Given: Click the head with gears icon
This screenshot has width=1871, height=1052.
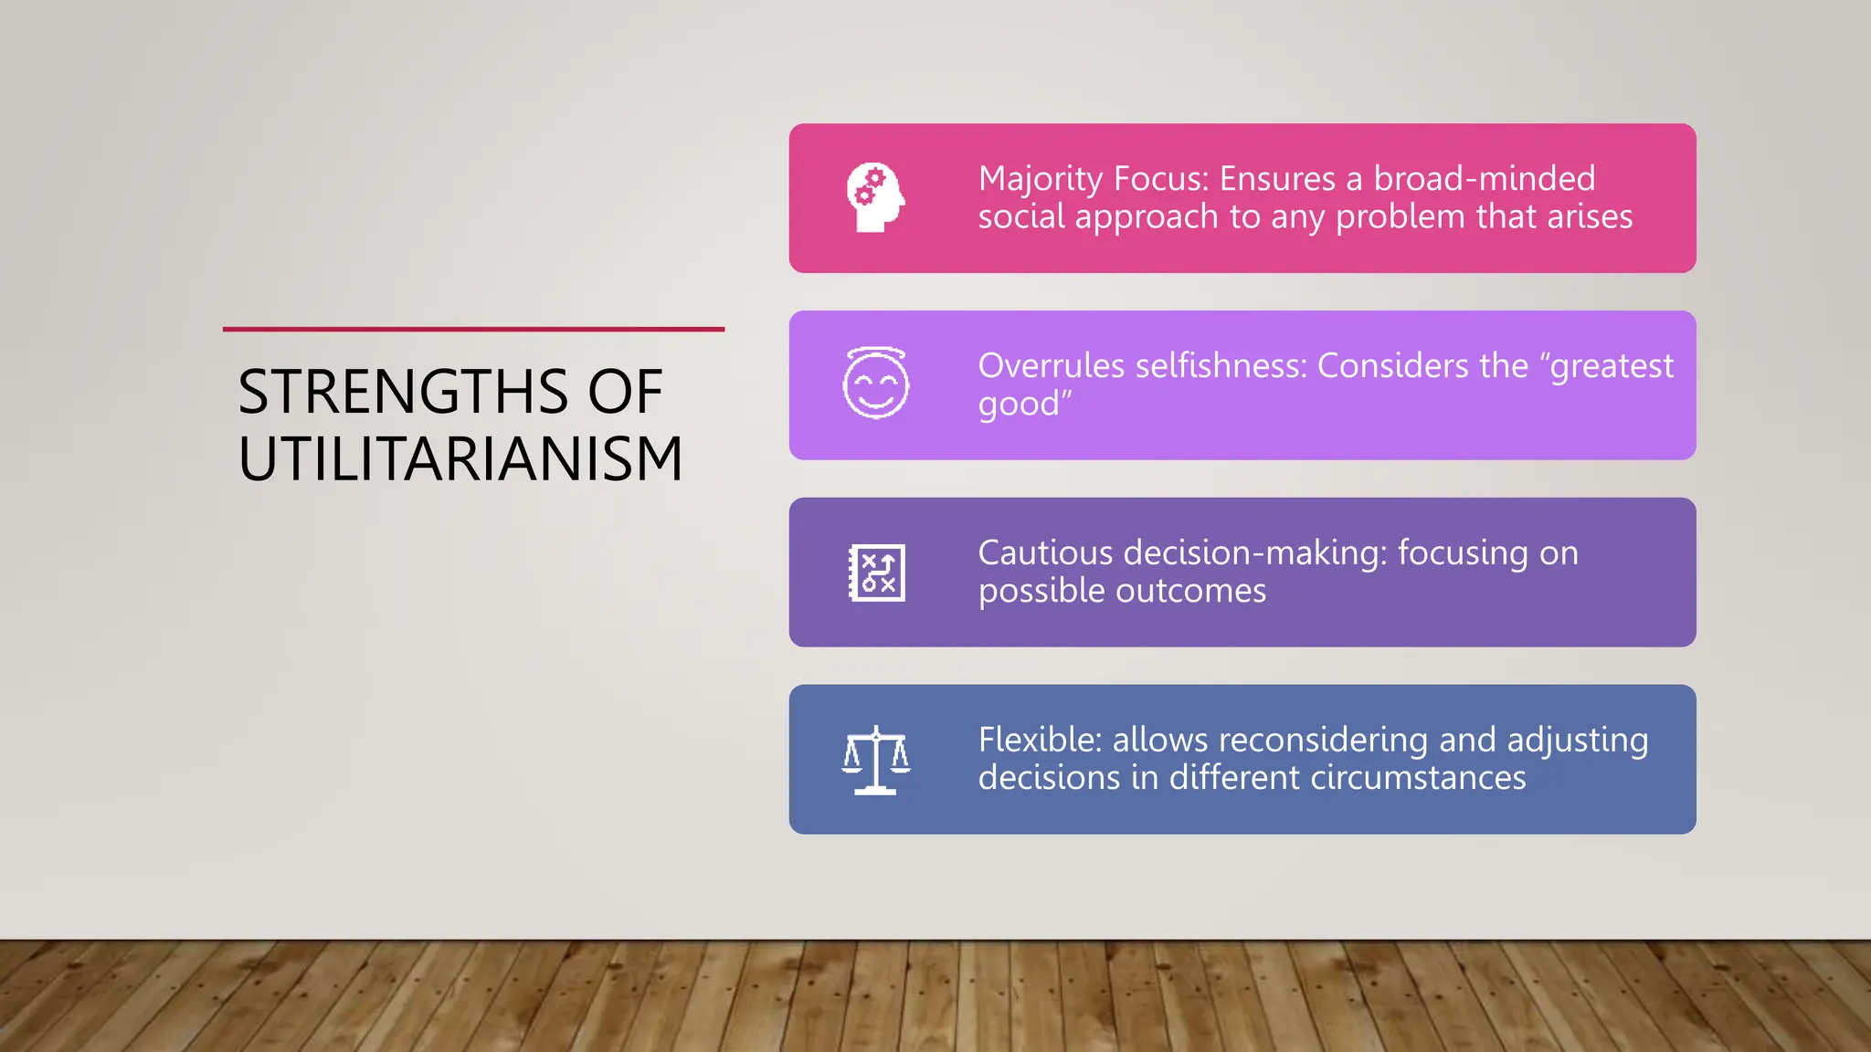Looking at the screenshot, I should tap(875, 197).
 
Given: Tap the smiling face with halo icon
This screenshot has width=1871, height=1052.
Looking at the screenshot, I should tap(875, 384).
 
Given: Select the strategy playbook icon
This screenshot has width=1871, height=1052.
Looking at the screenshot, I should tap(876, 573).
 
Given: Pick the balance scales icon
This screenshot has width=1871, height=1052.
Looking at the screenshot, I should tap(876, 760).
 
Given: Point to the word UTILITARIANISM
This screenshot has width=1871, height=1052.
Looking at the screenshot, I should tap(460, 458).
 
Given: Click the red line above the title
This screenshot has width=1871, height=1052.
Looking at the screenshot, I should tap(473, 329).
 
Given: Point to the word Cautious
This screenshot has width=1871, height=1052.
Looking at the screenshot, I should tap(1045, 553).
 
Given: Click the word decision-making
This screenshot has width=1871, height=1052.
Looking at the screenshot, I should tap(1255, 553).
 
